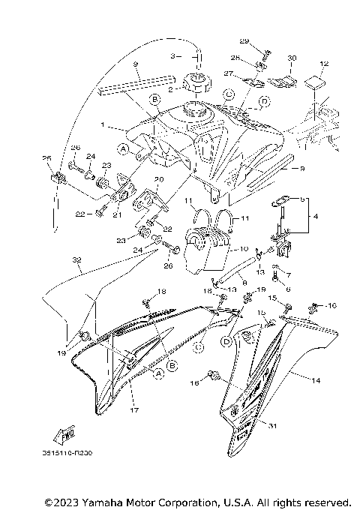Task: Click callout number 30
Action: pyautogui.click(x=292, y=57)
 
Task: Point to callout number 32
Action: pyautogui.click(x=76, y=261)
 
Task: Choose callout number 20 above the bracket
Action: pyautogui.click(x=158, y=179)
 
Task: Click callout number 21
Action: pyautogui.click(x=116, y=214)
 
